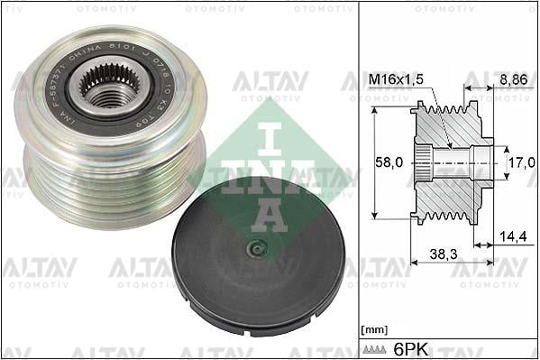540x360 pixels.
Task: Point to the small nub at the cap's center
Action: tap(257, 249)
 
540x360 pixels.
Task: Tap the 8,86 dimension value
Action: tap(513, 80)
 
